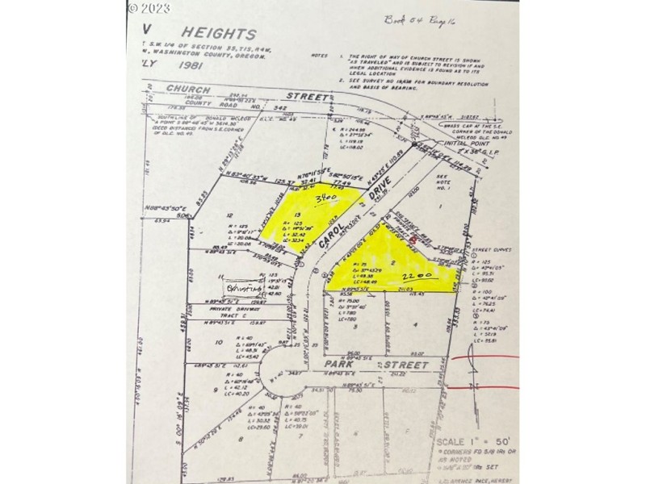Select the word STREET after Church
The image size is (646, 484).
click(x=313, y=97)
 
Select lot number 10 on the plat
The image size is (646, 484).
click(x=219, y=342)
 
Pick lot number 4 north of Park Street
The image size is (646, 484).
click(x=416, y=326)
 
